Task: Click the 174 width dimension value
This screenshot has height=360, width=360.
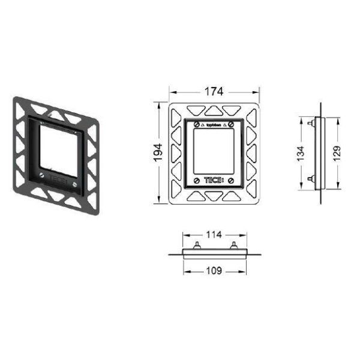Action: tap(214, 92)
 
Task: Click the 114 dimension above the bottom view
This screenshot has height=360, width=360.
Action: tap(214, 233)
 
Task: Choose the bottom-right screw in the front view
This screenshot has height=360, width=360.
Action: tap(232, 181)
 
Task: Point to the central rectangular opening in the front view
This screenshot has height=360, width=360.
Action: tap(214, 153)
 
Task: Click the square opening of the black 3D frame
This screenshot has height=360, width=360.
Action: tap(56, 151)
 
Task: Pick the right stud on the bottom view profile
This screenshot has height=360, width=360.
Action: tap(232, 244)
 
